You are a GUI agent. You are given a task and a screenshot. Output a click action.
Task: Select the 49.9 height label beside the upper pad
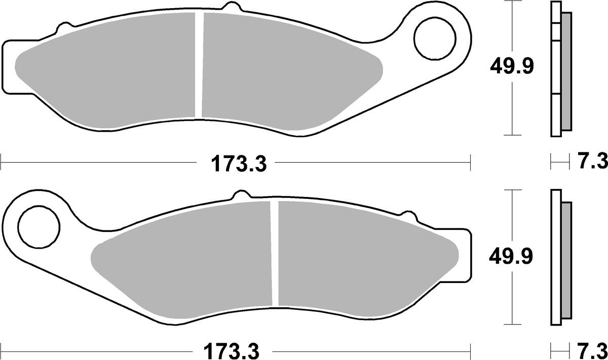point(511,66)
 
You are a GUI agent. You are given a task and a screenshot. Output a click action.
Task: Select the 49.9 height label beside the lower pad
point(511,257)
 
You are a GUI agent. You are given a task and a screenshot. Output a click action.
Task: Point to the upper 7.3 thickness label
point(592,163)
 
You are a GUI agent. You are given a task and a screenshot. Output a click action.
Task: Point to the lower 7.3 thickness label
point(592,350)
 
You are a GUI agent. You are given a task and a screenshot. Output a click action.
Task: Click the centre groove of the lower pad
point(274,253)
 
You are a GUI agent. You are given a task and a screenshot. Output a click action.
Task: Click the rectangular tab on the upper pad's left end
point(9,66)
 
